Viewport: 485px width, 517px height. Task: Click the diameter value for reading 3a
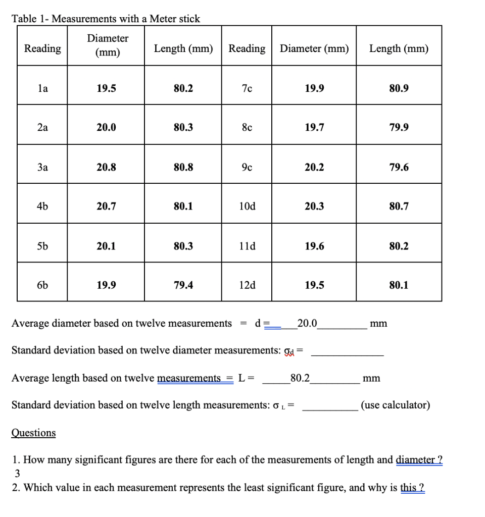[106, 167]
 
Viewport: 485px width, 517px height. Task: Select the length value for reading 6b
[183, 285]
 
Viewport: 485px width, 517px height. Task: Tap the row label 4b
[42, 206]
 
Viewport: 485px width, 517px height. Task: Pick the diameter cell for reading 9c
[314, 167]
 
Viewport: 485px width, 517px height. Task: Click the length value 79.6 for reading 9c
[399, 167]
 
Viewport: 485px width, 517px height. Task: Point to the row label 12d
[247, 285]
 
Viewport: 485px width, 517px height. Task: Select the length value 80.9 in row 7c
[399, 89]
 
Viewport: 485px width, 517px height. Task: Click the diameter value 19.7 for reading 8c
[314, 128]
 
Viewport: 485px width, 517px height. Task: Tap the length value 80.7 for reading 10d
[399, 206]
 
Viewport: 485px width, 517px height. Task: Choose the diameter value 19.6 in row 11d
[314, 246]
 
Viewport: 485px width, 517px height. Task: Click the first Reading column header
[42, 48]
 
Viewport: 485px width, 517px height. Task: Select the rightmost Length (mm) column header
[399, 48]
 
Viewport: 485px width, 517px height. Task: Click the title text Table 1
[106, 19]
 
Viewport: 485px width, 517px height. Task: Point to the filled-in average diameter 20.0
[307, 323]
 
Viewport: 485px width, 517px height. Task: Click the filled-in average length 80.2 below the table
[301, 377]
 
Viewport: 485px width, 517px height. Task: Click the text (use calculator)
[396, 405]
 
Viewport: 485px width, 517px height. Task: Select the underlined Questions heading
[33, 433]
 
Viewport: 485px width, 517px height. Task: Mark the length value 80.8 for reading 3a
[183, 167]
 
